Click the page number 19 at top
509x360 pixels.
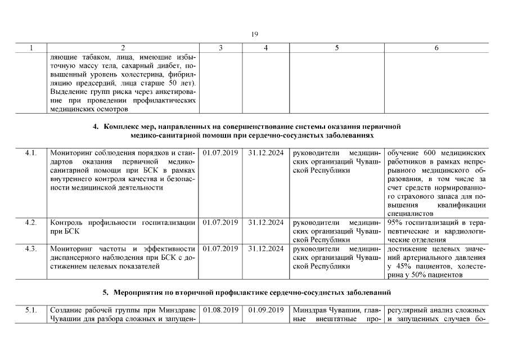coord(254,34)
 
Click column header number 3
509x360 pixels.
coord(220,48)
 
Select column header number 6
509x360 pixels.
coord(436,48)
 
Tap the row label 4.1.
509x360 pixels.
coord(31,153)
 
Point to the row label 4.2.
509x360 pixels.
coord(31,223)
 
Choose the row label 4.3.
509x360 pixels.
coord(31,249)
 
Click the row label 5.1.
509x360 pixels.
coord(31,310)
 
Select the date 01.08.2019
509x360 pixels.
coord(220,310)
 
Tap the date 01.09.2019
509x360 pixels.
coord(265,310)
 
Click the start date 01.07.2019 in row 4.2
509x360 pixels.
coord(220,223)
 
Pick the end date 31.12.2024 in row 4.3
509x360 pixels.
coord(265,249)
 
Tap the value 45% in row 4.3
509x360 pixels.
coord(404,266)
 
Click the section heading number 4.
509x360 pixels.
coord(96,127)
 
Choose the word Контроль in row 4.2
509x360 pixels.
coord(67,223)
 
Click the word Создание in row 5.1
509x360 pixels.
coord(66,310)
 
